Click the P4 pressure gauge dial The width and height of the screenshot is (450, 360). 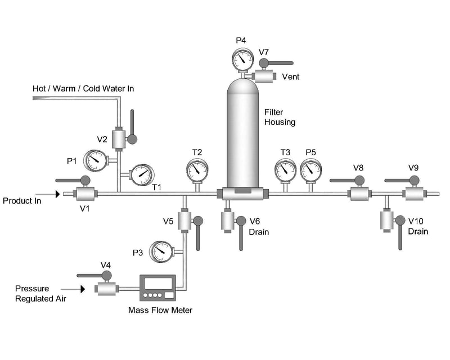tap(242, 58)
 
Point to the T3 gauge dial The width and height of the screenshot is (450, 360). tap(285, 169)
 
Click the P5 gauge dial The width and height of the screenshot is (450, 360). tap(310, 169)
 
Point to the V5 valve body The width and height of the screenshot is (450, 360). tap(184, 220)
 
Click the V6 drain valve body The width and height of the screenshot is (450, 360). tap(227, 220)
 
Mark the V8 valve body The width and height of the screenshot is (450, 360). tap(358, 194)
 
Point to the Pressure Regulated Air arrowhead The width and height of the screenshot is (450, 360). tap(82, 289)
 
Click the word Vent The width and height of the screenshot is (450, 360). tap(290, 76)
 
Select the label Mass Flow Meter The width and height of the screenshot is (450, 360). tap(160, 310)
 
